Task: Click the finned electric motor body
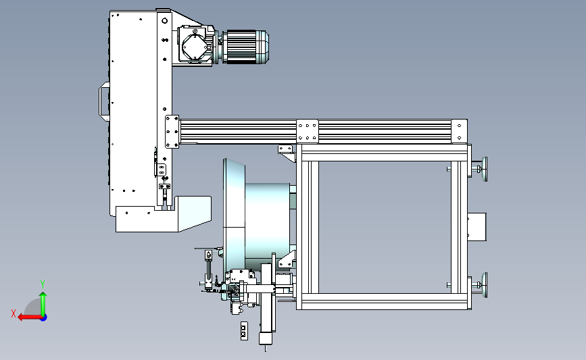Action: (x=241, y=47)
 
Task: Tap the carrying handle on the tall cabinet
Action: (x=104, y=101)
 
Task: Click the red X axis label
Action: (x=14, y=313)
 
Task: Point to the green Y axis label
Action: (x=43, y=284)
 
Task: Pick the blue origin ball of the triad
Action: (x=44, y=317)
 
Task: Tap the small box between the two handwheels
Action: (x=477, y=227)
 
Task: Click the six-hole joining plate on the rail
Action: (x=308, y=132)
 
